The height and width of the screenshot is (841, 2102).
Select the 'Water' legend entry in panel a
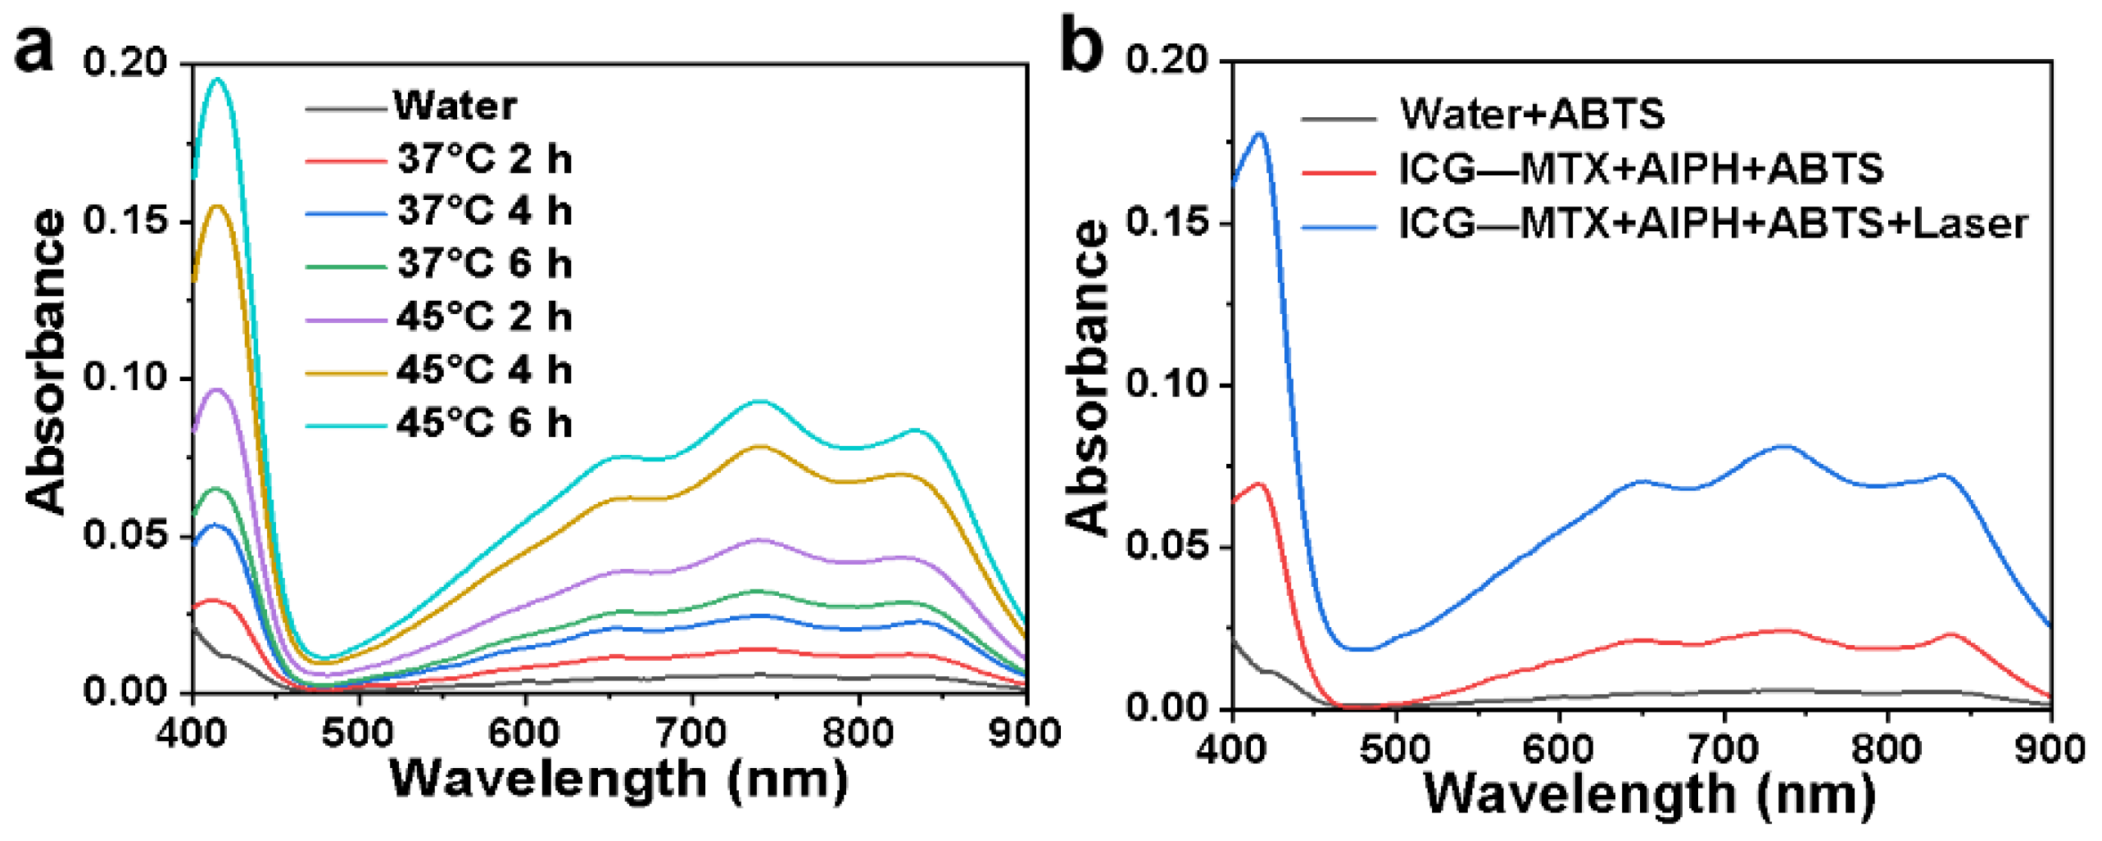[x=455, y=106]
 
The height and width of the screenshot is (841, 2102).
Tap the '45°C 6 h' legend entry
[x=483, y=424]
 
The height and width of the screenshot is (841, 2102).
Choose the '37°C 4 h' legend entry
[x=483, y=211]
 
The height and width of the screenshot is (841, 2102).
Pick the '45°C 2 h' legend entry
[x=483, y=317]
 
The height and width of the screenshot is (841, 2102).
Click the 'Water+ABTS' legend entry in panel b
[x=1532, y=114]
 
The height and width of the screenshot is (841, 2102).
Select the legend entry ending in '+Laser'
[x=1712, y=224]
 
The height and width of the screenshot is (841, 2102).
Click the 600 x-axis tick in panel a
[x=524, y=732]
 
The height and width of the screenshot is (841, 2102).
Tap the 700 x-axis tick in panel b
[x=1724, y=748]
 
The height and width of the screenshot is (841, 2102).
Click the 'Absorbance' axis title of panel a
[x=46, y=361]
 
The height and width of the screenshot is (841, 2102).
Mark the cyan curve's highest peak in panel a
[x=218, y=80]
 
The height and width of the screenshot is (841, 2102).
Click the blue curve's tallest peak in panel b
[x=1260, y=134]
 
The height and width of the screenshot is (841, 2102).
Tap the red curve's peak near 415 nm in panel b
[x=1260, y=484]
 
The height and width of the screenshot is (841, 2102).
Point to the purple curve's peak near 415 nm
[x=218, y=390]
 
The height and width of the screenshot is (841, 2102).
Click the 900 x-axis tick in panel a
[x=1024, y=732]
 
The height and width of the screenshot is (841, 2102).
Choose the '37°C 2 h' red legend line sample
[x=346, y=161]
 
